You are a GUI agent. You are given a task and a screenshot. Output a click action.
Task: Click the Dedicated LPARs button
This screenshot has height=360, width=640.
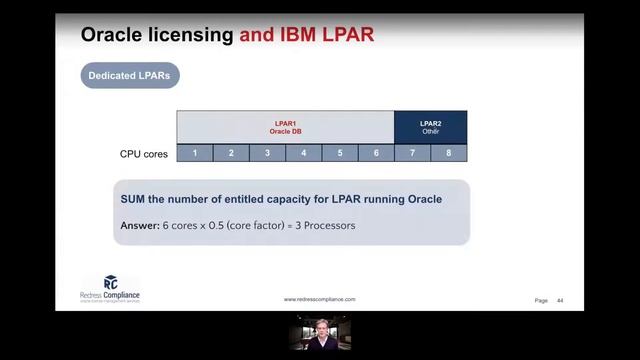click(130, 75)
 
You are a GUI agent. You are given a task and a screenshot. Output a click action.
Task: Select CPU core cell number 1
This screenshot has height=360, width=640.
click(195, 153)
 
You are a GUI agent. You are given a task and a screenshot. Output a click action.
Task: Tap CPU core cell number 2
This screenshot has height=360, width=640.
click(231, 153)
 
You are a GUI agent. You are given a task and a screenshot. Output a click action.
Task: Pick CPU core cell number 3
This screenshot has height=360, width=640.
click(267, 153)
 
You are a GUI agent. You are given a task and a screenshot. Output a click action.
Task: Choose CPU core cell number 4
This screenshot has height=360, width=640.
click(304, 153)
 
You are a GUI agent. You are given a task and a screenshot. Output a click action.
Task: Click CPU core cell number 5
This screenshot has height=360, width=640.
click(340, 153)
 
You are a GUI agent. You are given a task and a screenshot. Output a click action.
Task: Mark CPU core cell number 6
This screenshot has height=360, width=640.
click(376, 153)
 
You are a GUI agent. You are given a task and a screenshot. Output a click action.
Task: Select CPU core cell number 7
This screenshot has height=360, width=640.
click(412, 153)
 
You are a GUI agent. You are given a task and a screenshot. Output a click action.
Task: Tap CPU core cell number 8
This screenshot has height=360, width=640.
click(449, 153)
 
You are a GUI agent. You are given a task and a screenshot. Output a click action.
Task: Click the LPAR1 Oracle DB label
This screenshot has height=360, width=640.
click(285, 127)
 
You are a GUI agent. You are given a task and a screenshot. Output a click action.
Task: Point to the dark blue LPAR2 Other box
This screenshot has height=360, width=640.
click(430, 127)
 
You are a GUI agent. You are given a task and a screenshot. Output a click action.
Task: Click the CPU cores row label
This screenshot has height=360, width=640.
click(144, 154)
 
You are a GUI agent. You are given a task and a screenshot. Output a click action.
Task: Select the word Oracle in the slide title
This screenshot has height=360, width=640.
click(113, 36)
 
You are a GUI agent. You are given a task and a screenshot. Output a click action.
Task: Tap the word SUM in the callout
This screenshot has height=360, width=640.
click(134, 199)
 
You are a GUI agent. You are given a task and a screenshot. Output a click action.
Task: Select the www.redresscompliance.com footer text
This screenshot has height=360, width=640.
click(319, 299)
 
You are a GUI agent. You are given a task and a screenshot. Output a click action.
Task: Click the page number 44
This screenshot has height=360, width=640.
click(560, 300)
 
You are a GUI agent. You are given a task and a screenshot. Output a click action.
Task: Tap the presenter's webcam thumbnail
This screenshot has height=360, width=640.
click(320, 333)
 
